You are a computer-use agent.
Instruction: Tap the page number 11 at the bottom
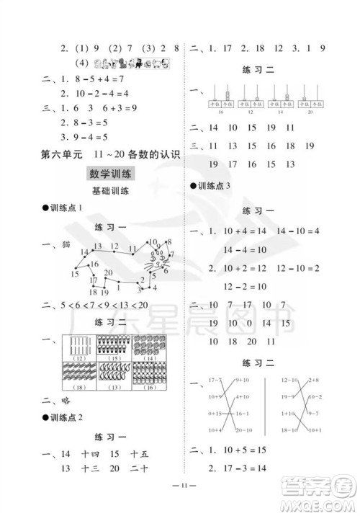coord(179,501)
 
